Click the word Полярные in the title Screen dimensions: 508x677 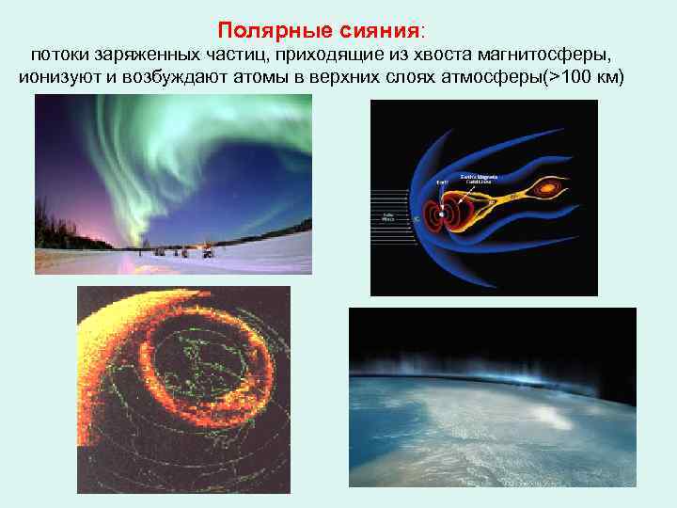pyautogui.click(x=271, y=29)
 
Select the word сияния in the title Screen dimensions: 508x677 pyautogui.click(x=387, y=29)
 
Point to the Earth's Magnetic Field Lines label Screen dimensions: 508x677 pyautogui.click(x=480, y=179)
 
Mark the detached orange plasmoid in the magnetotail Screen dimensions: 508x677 pyautogui.click(x=546, y=189)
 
